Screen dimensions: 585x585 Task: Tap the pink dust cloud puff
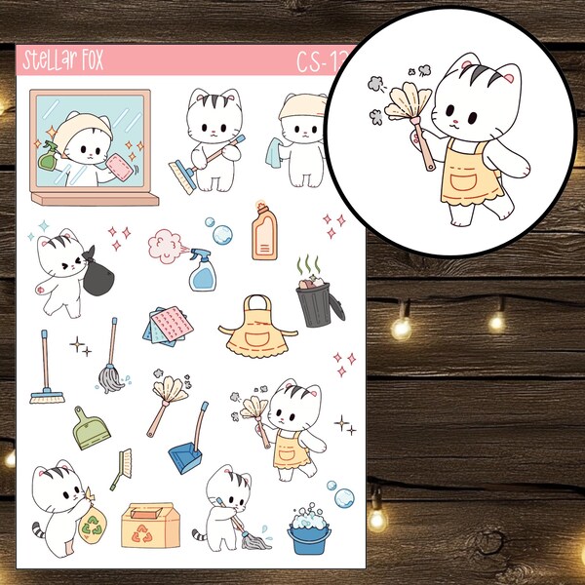(x=164, y=242)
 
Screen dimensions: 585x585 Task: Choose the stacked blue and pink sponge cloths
(x=162, y=329)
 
